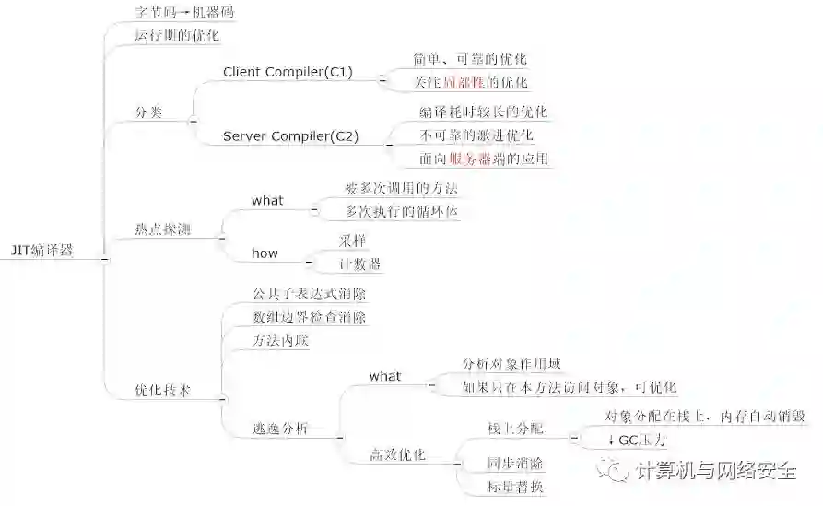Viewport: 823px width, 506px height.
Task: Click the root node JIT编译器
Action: point(41,250)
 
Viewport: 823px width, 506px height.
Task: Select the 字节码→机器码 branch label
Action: point(184,13)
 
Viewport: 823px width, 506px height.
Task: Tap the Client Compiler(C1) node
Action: point(288,72)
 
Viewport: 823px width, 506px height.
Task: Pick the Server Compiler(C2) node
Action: point(290,136)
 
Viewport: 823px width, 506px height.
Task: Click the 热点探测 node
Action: point(162,229)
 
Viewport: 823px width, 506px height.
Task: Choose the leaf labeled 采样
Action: point(351,241)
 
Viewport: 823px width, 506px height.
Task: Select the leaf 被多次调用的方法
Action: point(401,188)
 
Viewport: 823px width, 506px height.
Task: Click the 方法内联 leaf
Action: point(281,341)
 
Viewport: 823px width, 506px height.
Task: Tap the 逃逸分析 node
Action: point(281,429)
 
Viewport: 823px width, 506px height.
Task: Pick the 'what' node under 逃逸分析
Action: point(385,376)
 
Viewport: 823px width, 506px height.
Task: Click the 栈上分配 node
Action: point(515,429)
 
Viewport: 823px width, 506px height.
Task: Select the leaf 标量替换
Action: point(515,487)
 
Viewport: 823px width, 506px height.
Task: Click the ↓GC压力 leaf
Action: point(638,440)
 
